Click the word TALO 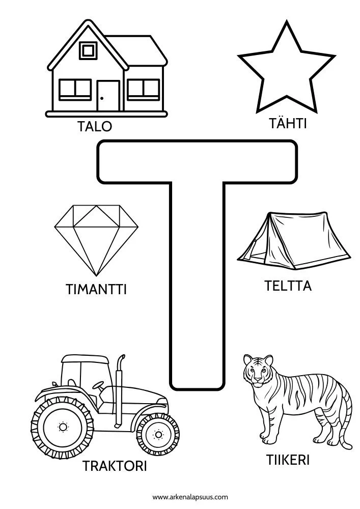[x=94, y=126]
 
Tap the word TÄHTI [x=288, y=124]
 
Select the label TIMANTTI [x=96, y=290]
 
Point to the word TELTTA [x=288, y=286]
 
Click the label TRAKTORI [x=115, y=466]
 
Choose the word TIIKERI [x=288, y=461]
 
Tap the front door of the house [x=107, y=96]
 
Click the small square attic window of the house [x=88, y=49]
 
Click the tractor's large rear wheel [x=63, y=427]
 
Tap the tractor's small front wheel [x=158, y=434]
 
